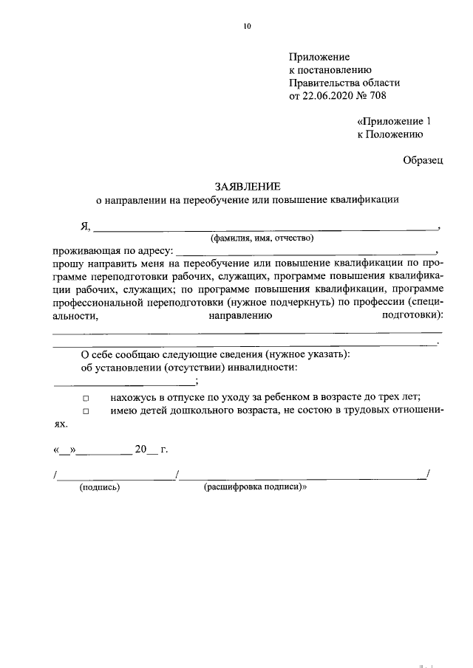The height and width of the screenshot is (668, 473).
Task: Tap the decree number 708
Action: coord(376,96)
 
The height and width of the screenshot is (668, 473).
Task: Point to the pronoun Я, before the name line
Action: coord(85,226)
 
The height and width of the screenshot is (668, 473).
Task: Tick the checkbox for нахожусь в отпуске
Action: coord(85,398)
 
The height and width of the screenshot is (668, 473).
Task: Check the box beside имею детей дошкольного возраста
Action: coord(85,411)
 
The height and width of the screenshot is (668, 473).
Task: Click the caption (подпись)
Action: coord(100,488)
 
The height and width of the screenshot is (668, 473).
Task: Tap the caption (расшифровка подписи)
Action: coord(255,488)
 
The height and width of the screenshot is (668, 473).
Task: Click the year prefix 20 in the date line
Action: coord(140,449)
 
